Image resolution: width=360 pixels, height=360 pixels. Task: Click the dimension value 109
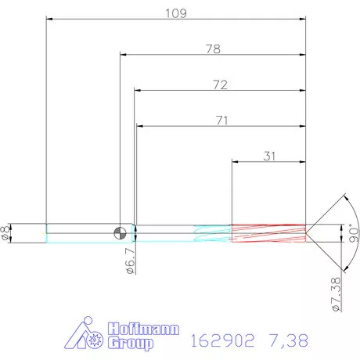[175, 13]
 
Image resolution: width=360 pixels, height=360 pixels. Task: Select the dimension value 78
[212, 49]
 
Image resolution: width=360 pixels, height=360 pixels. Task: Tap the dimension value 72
[219, 85]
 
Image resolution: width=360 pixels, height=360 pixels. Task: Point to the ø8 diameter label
[7, 232]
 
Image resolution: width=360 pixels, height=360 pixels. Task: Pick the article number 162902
[224, 340]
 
